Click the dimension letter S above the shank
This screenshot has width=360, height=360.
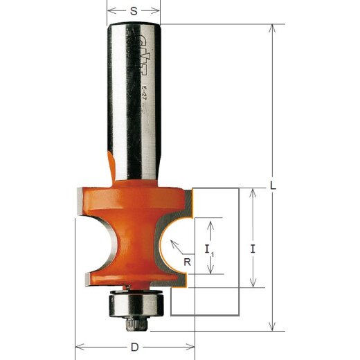pyautogui.click(x=134, y=11)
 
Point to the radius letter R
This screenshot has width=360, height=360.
pyautogui.click(x=187, y=261)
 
